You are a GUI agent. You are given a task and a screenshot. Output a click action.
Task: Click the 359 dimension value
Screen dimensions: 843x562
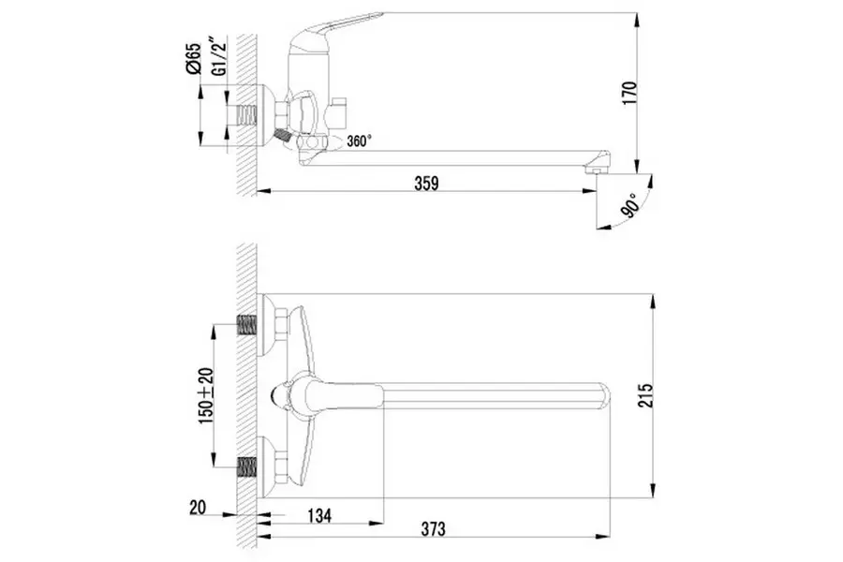click(426, 184)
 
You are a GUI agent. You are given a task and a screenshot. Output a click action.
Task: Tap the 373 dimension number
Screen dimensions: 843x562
click(433, 528)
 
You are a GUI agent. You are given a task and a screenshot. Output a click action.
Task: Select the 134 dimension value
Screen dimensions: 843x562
click(319, 515)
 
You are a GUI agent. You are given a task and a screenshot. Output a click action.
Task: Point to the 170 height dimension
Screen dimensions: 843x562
click(629, 93)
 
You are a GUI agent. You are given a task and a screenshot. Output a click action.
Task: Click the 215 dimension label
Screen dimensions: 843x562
click(645, 395)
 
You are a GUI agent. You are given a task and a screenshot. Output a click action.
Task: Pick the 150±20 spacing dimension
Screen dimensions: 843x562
click(206, 395)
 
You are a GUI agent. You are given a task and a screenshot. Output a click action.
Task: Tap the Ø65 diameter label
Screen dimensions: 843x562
click(194, 59)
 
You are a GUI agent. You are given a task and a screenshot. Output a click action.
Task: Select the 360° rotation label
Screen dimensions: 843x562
click(359, 141)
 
